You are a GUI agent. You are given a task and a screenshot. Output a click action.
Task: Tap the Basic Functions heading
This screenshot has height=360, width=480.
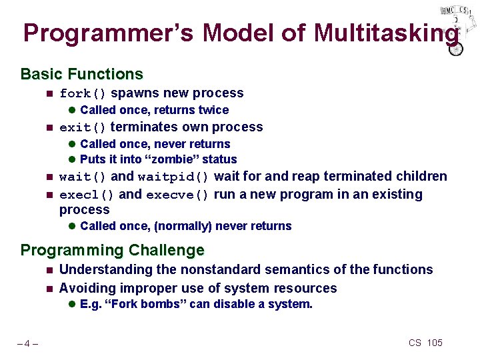81,74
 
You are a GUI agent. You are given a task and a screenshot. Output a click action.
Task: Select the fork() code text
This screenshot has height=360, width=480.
83,94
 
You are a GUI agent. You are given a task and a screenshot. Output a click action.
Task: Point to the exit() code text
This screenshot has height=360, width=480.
83,128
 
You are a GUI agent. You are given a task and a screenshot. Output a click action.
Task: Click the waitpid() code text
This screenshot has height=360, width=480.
174,177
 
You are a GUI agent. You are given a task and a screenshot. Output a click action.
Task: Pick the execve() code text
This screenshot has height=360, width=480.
178,195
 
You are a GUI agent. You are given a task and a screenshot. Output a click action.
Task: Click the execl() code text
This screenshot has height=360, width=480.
87,195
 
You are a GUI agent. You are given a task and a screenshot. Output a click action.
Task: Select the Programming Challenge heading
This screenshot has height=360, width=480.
112,251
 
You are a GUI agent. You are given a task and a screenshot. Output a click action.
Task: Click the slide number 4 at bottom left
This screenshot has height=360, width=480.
27,343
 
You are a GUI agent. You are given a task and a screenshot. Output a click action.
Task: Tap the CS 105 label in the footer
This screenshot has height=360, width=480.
425,343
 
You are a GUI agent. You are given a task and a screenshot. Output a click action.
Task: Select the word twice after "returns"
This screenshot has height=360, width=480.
213,110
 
